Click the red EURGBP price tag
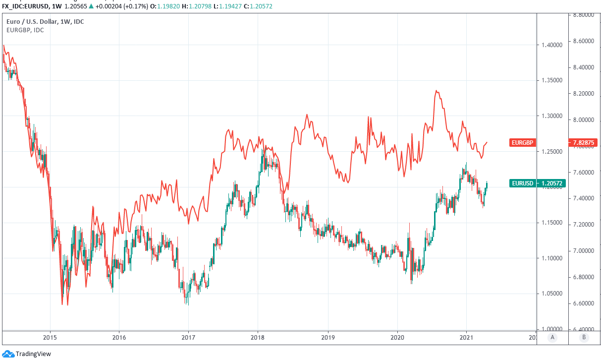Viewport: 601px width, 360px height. point(522,143)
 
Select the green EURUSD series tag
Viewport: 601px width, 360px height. point(522,183)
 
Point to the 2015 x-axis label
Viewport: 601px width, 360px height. point(50,337)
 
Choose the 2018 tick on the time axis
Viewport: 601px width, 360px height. point(257,337)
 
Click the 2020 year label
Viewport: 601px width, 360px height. point(397,337)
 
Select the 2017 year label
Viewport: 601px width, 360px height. point(188,337)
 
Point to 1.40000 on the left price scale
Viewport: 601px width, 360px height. point(552,45)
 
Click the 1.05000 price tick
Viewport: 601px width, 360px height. point(552,294)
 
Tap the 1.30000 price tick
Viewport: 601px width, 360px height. point(552,116)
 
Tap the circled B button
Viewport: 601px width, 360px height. point(584,337)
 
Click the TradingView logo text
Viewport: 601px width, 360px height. point(33,354)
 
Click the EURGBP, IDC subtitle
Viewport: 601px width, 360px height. point(25,30)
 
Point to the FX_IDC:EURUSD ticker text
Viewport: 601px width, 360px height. point(25,6)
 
